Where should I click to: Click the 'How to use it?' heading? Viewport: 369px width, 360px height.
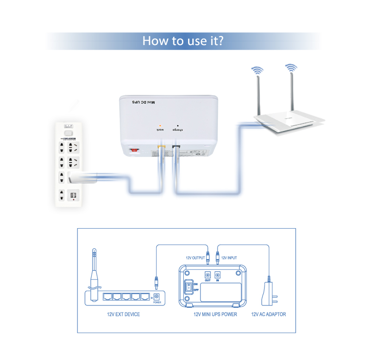tap(183, 41)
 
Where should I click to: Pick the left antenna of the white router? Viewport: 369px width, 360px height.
tap(259, 95)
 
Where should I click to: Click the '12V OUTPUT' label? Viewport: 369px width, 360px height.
tap(195, 258)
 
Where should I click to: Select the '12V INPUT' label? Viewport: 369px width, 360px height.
tap(229, 258)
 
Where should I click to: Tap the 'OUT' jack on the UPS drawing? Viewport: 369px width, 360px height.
tap(207, 275)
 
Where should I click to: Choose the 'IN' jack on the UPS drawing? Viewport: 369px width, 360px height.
tap(218, 275)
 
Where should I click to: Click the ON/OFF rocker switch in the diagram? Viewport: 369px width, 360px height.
tap(189, 287)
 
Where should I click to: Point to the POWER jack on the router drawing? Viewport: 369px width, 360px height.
tap(157, 297)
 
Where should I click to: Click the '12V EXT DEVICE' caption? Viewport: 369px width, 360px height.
tap(123, 314)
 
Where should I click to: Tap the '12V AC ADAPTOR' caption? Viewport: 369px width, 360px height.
tap(268, 314)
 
